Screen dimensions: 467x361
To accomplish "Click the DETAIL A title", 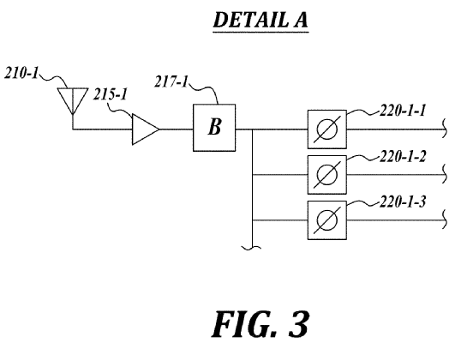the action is pyautogui.click(x=260, y=20).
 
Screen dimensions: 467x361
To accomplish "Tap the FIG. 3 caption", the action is pyautogui.click(x=260, y=324).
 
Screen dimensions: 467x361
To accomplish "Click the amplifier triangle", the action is pyautogui.click(x=146, y=129).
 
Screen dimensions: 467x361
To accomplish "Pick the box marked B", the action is pyautogui.click(x=214, y=128).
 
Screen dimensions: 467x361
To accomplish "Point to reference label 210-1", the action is pyautogui.click(x=21, y=73).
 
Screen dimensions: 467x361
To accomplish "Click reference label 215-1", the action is pyautogui.click(x=111, y=94).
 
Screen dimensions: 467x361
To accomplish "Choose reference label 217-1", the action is pyautogui.click(x=171, y=81).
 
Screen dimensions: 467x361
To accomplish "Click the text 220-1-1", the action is pyautogui.click(x=403, y=111).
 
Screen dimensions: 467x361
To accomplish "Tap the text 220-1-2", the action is pyautogui.click(x=403, y=156).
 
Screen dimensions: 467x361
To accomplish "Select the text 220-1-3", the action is pyautogui.click(x=403, y=202).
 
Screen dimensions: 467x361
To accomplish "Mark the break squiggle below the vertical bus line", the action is pyautogui.click(x=252, y=248).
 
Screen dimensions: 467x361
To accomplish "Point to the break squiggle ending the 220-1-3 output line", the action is pyautogui.click(x=445, y=220).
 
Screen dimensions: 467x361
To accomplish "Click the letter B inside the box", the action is pyautogui.click(x=215, y=126).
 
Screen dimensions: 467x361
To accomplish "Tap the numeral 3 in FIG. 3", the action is pyautogui.click(x=298, y=324).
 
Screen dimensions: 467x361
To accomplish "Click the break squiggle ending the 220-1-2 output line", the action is pyautogui.click(x=445, y=174).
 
